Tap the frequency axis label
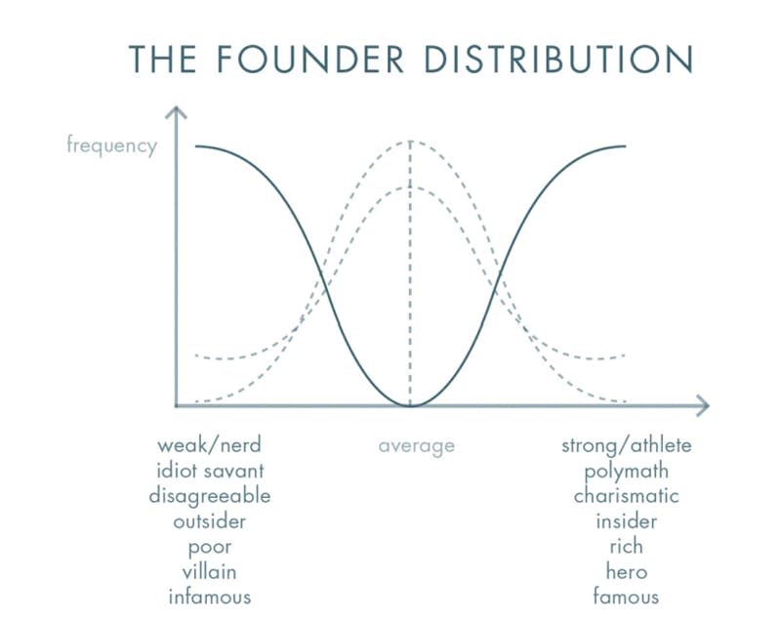pyautogui.click(x=111, y=146)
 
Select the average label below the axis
pyautogui.click(x=417, y=446)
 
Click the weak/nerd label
pyautogui.click(x=209, y=446)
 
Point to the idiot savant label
pyautogui.click(x=209, y=471)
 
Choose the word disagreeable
pyautogui.click(x=209, y=496)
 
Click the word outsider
pyautogui.click(x=209, y=521)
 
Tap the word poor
pyautogui.click(x=209, y=547)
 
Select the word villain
pyautogui.click(x=209, y=571)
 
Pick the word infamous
pyautogui.click(x=209, y=596)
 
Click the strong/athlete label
pyautogui.click(x=626, y=446)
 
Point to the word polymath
pyautogui.click(x=626, y=472)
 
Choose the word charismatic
pyautogui.click(x=626, y=496)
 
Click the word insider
pyautogui.click(x=626, y=521)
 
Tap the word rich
pyautogui.click(x=626, y=546)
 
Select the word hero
pyautogui.click(x=626, y=571)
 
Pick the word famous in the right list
pyautogui.click(x=626, y=596)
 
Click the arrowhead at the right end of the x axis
pyautogui.click(x=702, y=404)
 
